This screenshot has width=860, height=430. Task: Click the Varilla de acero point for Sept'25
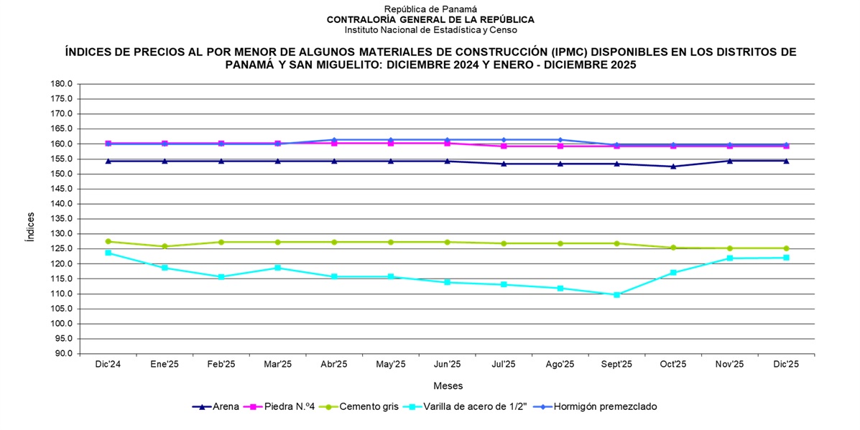click(x=616, y=294)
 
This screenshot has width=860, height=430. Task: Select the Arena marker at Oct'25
click(x=673, y=167)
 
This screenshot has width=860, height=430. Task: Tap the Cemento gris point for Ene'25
click(x=165, y=246)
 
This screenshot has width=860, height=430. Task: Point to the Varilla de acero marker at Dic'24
click(x=108, y=253)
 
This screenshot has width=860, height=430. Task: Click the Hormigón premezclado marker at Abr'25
click(x=334, y=139)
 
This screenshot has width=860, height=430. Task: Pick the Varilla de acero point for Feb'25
click(x=221, y=276)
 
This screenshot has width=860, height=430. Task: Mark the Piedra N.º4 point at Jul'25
click(x=504, y=146)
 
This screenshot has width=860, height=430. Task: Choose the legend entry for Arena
click(x=218, y=406)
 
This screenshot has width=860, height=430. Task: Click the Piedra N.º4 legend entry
click(x=280, y=406)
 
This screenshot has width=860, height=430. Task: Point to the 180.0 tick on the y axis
click(x=62, y=83)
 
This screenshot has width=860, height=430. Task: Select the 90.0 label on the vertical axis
click(x=64, y=354)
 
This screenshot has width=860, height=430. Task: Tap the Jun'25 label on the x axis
click(x=447, y=364)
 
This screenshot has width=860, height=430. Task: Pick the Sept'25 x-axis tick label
click(x=616, y=364)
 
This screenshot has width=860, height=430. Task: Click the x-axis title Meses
click(x=448, y=385)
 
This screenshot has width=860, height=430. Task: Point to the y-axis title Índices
click(x=29, y=227)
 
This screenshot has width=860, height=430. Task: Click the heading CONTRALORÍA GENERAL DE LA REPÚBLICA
click(x=430, y=19)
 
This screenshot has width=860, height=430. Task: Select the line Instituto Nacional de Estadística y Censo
click(x=430, y=29)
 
